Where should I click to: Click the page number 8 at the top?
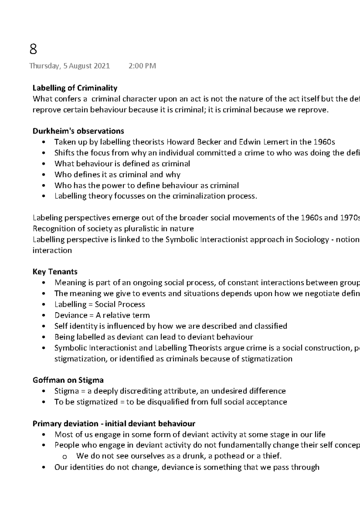pos(33,49)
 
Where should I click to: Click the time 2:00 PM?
pos(142,66)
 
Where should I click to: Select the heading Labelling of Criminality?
pos(75,88)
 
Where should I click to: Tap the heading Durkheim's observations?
pos(78,131)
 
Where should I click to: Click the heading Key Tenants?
pos(55,272)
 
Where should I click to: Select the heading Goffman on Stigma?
pos(68,380)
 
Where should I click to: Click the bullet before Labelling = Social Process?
pos(44,305)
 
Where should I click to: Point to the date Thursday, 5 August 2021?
pos(70,66)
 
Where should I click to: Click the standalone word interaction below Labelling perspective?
pos(52,251)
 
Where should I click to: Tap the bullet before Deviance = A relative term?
pos(44,316)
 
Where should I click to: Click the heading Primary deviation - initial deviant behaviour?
pos(114,424)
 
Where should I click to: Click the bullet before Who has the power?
pos(44,186)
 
